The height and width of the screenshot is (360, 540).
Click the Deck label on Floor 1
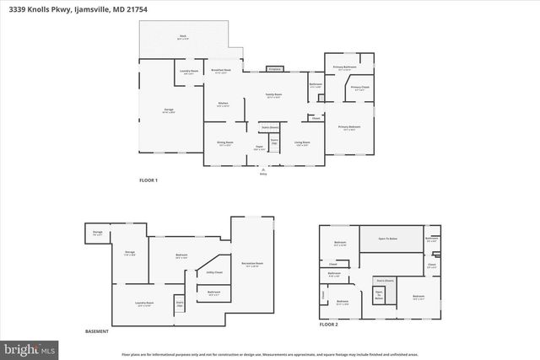coord(181,37)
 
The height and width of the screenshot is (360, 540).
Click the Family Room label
coord(273,94)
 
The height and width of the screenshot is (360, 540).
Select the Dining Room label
coord(224,143)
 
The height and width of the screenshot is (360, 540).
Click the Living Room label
coord(302,143)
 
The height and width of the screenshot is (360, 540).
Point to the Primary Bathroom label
coord(344,68)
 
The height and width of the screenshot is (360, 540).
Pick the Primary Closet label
coord(359,87)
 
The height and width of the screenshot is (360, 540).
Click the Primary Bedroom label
coord(348,127)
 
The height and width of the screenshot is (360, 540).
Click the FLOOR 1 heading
coord(148,180)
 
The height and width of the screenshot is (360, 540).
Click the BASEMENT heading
coord(97,331)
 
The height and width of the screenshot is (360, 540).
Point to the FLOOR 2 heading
coord(328,324)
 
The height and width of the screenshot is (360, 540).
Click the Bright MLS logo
coord(30,347)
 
